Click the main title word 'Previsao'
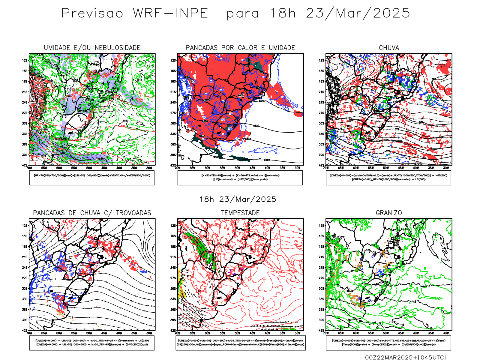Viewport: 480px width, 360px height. [x=92, y=13]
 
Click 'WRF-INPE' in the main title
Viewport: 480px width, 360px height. [x=170, y=13]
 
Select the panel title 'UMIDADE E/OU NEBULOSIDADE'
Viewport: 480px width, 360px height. [x=92, y=48]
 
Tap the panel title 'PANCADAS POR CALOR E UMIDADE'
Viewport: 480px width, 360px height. [x=240, y=48]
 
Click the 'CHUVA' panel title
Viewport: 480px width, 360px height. [x=389, y=48]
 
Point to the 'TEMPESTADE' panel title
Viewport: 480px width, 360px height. [x=240, y=213]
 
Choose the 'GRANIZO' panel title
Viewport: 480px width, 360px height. [x=389, y=213]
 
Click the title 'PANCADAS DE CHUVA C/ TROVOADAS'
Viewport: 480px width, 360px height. [x=92, y=213]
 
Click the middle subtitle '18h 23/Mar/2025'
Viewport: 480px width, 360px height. [x=238, y=199]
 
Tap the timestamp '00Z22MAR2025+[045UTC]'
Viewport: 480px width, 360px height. [x=406, y=357]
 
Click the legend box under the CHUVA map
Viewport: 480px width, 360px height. [x=388, y=178]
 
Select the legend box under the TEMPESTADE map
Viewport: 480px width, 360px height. [x=240, y=343]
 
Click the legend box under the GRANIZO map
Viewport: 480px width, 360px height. [x=388, y=343]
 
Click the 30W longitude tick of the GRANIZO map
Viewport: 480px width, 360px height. [x=446, y=333]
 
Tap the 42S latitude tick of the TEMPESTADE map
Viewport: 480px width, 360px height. [x=173, y=331]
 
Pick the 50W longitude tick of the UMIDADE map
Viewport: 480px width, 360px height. [x=89, y=168]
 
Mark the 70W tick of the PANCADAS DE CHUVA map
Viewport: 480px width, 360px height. [x=29, y=333]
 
